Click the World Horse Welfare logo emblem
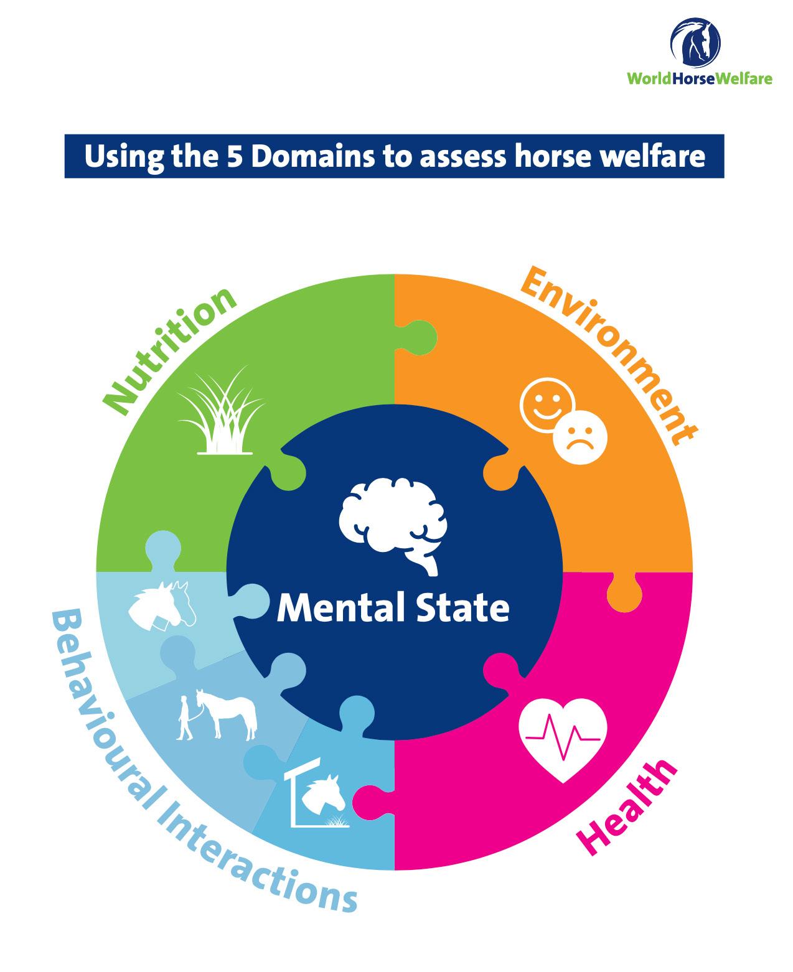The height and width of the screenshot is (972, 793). click(695, 41)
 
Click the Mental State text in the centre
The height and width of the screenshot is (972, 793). click(393, 608)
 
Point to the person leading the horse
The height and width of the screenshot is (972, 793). click(185, 717)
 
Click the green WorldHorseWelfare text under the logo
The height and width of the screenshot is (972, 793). click(698, 78)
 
